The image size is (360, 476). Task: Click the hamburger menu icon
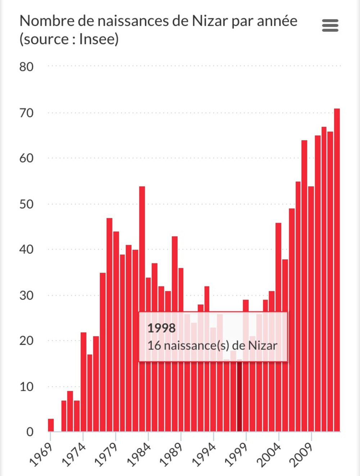330,26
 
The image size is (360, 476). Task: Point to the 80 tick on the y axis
26,67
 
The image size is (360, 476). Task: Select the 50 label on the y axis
26,204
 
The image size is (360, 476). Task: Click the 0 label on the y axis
30,432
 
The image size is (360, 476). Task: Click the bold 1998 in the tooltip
162,328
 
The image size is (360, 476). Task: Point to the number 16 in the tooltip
154,346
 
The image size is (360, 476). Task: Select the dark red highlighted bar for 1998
239,396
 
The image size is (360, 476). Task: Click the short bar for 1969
51,425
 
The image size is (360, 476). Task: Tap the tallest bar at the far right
337,270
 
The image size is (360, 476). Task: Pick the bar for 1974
83,382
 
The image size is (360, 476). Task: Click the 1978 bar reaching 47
109,324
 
